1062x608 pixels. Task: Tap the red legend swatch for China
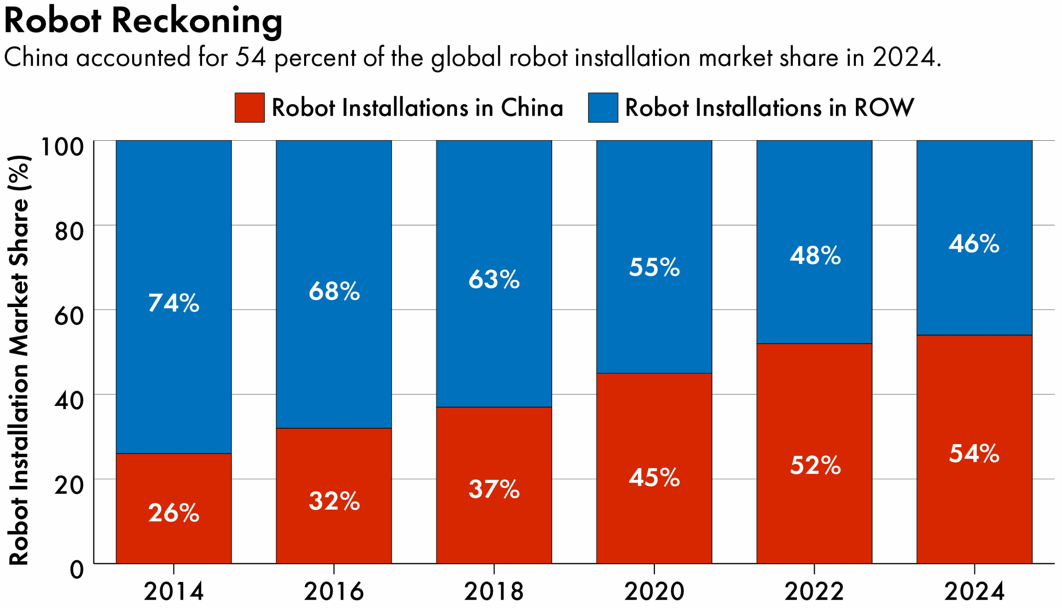tap(250, 108)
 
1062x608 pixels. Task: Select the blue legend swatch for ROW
tap(603, 108)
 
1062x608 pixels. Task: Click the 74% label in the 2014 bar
tap(173, 303)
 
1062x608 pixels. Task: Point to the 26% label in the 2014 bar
tap(173, 513)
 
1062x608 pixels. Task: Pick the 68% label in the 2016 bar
tap(334, 291)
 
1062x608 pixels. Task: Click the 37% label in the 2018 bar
tap(494, 489)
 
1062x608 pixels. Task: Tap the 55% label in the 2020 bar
tap(654, 267)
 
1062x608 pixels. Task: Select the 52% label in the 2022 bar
tap(815, 465)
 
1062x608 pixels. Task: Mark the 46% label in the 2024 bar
tap(974, 244)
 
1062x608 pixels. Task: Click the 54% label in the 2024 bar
tap(974, 454)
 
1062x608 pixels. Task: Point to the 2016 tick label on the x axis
tap(334, 591)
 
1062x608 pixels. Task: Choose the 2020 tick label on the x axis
tap(654, 591)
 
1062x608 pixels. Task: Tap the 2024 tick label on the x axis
tap(974, 591)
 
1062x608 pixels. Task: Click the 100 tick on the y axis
tap(63, 147)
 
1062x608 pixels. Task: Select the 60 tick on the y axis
tap(69, 316)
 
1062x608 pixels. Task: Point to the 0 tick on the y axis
tap(77, 569)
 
